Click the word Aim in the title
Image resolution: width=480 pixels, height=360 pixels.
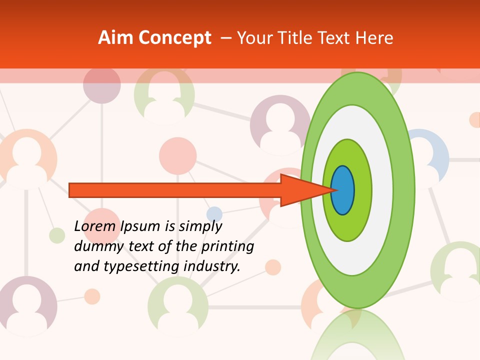[x=116, y=38]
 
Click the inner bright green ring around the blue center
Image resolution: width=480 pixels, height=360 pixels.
[x=362, y=190]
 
